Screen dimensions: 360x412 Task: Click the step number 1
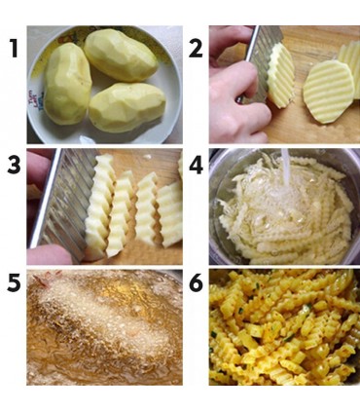[x=14, y=48]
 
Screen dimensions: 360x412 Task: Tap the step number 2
[x=196, y=49]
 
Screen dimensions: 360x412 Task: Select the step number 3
[x=14, y=166]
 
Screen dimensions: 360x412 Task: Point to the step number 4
[x=196, y=166]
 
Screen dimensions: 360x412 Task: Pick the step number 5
[x=14, y=283]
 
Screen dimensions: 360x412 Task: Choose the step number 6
[x=196, y=283]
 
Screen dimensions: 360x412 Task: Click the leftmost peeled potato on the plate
[x=68, y=84]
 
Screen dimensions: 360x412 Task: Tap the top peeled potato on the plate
[x=121, y=55]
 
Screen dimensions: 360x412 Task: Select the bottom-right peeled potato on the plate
[x=127, y=107]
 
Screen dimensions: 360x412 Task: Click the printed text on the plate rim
[x=36, y=99]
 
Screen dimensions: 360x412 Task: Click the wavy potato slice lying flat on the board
[x=328, y=92]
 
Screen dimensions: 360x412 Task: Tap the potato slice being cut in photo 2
[x=281, y=75]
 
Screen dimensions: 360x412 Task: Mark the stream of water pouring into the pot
[x=285, y=169]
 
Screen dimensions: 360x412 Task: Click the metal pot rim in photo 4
[x=214, y=207]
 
